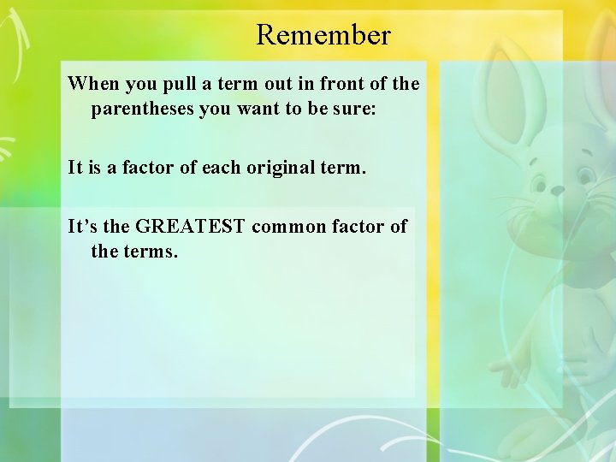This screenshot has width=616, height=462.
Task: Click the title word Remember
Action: tap(323, 35)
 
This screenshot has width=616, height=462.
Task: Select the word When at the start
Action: tap(93, 84)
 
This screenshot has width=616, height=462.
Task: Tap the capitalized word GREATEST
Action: tap(191, 226)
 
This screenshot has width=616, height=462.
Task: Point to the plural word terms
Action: tap(151, 252)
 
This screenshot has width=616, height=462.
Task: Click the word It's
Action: tap(84, 226)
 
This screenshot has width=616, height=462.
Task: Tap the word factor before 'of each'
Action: tap(148, 168)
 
